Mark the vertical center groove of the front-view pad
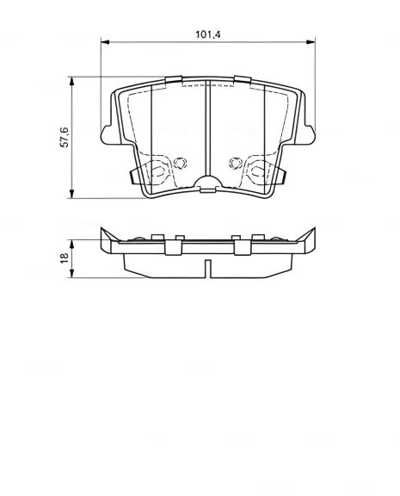point(209,129)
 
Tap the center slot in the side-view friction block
point(209,268)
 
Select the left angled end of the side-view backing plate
point(108,240)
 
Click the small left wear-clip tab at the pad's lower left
point(131,176)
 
